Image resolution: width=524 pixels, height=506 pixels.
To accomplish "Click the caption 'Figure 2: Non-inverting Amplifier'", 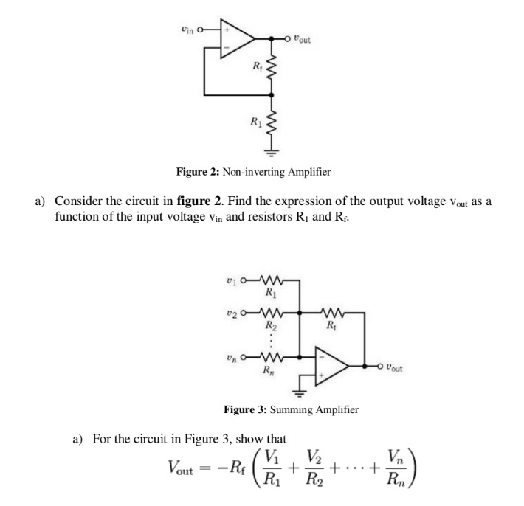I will pyautogui.click(x=253, y=172).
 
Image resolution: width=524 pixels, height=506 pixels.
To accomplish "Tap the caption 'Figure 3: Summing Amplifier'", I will pyautogui.click(x=292, y=409).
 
